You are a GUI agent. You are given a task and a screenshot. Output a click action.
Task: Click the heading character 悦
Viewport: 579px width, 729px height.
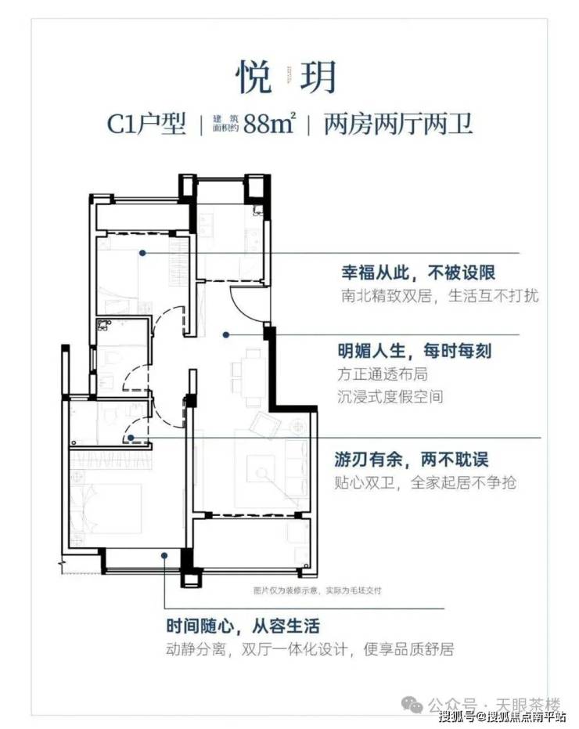point(254,77)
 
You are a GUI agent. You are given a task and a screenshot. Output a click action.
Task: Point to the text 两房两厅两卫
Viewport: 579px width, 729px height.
point(399,124)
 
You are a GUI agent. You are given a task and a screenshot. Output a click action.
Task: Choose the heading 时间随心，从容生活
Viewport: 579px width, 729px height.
point(243,627)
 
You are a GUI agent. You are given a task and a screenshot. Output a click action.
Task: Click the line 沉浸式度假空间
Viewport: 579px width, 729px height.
point(390,397)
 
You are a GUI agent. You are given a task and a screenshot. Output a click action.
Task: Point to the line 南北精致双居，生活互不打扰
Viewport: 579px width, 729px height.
point(440,297)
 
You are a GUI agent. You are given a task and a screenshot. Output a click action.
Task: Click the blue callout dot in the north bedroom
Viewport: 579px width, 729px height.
point(143,253)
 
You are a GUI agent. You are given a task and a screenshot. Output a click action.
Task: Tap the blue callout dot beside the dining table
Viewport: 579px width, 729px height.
point(225,334)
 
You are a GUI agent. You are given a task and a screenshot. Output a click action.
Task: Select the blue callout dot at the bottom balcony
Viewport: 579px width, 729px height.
point(164,556)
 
